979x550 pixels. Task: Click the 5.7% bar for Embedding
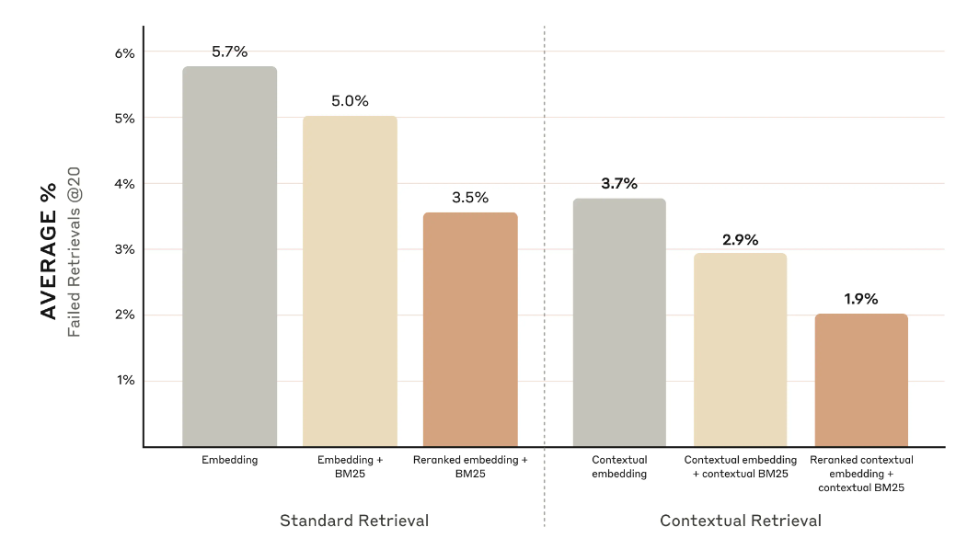click(x=229, y=258)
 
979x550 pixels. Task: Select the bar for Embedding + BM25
click(x=350, y=281)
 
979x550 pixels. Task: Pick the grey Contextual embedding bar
click(x=619, y=323)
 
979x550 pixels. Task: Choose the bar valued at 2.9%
click(x=740, y=349)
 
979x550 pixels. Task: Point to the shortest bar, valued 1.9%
click(x=861, y=380)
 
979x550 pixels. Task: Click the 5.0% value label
click(x=350, y=101)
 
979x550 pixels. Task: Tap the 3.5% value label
click(x=470, y=198)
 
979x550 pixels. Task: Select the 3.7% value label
click(x=619, y=183)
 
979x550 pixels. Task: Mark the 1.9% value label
click(x=861, y=299)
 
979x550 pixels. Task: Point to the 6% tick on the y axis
click(x=124, y=52)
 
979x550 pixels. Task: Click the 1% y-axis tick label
click(x=124, y=380)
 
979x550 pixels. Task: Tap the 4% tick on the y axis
click(x=124, y=184)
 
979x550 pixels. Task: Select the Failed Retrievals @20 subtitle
click(x=75, y=250)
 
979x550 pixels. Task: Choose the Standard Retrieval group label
click(x=354, y=521)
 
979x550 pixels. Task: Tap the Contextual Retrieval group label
click(x=741, y=521)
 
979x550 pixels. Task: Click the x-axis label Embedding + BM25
click(x=350, y=466)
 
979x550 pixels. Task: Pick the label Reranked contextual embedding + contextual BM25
click(x=861, y=473)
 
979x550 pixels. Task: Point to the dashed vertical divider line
click(x=545, y=276)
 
